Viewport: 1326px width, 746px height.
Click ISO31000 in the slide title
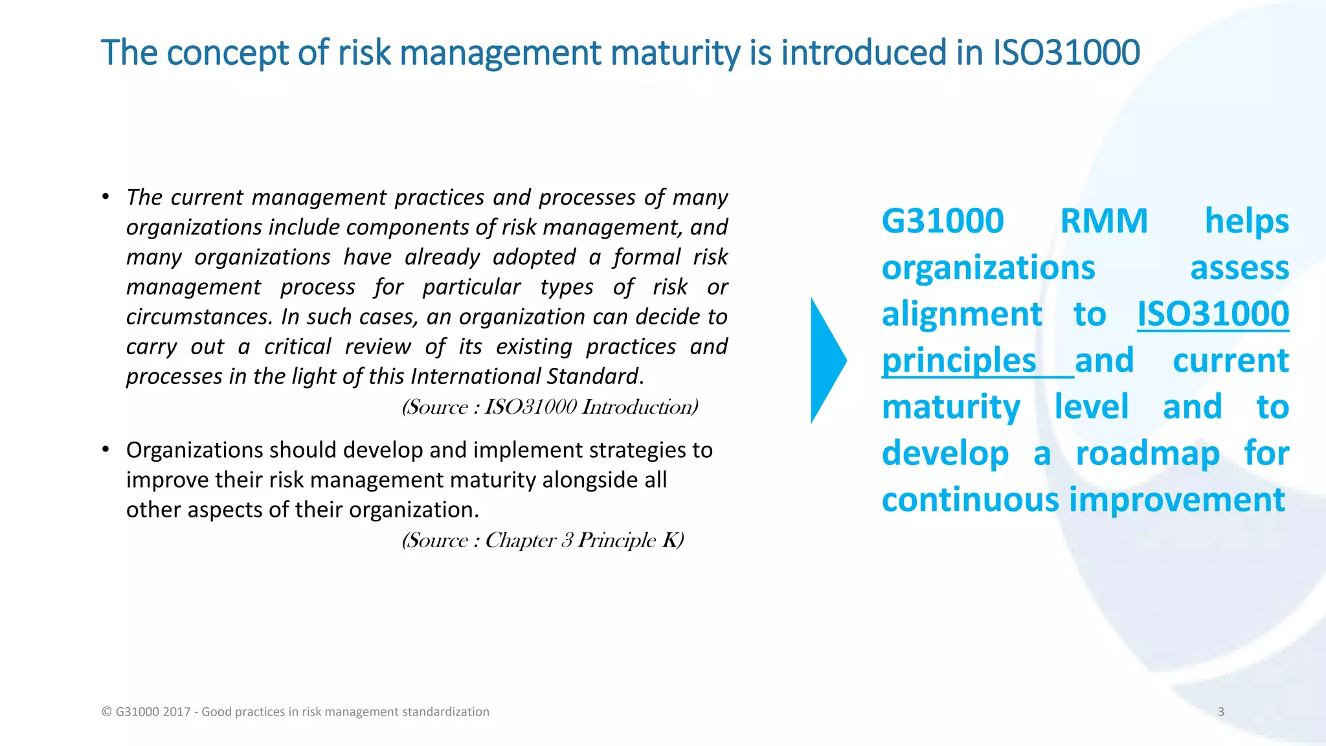tap(1066, 53)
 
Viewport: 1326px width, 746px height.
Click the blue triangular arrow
tap(826, 361)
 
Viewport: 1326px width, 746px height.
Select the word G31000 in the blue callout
tap(943, 221)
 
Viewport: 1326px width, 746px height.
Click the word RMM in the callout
tap(1104, 221)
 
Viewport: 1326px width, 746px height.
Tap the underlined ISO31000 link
tap(1213, 315)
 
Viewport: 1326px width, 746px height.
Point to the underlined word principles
tap(959, 361)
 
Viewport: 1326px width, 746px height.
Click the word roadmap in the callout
tap(1147, 453)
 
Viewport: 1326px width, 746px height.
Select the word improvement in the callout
tap(1177, 500)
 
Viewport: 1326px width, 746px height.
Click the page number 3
tap(1220, 712)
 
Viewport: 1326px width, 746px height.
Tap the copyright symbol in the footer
tap(107, 712)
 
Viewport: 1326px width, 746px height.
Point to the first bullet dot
tap(106, 196)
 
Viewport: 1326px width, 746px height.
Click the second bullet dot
tap(106, 449)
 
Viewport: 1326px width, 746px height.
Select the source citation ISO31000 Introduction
tap(550, 407)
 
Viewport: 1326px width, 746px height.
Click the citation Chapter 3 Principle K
tap(543, 540)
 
